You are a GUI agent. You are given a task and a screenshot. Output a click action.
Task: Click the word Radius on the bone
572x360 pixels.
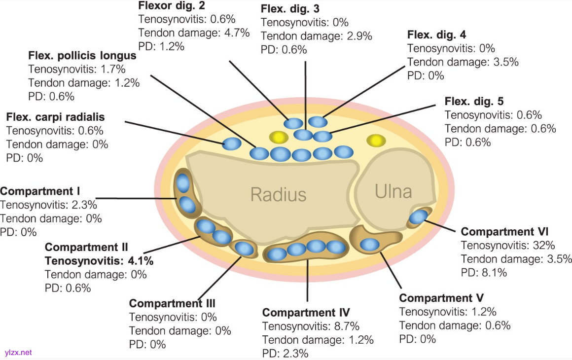tap(278, 194)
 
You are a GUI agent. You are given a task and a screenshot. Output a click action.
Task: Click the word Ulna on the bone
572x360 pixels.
tap(393, 191)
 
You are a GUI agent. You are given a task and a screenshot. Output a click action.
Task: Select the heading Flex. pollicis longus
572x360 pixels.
tap(82, 56)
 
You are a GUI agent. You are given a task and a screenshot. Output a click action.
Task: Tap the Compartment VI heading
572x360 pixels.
tap(504, 232)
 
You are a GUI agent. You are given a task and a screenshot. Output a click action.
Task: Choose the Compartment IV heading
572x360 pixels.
tap(306, 313)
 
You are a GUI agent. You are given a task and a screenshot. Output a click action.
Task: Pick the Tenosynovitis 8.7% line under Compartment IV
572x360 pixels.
tap(311, 326)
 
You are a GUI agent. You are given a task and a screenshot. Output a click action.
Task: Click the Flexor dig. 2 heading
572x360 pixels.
tap(179, 6)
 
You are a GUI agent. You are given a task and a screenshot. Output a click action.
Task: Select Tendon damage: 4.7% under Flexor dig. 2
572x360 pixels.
tap(194, 33)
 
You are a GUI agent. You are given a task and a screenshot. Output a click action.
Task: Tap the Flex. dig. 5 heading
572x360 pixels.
tap(474, 102)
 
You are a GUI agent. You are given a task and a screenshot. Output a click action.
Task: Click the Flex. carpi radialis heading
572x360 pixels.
tap(55, 117)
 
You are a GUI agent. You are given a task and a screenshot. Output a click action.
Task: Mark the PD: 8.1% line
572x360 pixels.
tap(484, 272)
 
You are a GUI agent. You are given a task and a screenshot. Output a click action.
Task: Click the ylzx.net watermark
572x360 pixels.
tap(18, 353)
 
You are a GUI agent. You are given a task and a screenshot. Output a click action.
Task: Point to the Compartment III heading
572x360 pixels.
tap(172, 303)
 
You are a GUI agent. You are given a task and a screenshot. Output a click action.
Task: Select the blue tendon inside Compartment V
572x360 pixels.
tap(369, 244)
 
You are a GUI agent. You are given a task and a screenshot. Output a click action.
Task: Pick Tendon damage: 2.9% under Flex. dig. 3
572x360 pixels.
tap(316, 36)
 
